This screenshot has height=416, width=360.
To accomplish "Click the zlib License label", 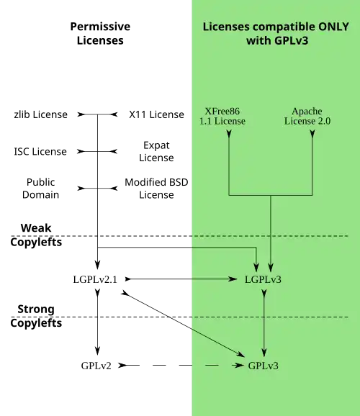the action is pos(40,114).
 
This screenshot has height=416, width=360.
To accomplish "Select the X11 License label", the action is pos(156,114).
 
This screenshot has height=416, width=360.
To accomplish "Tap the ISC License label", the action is pos(40,151).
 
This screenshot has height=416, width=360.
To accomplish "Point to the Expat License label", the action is pos(156,151).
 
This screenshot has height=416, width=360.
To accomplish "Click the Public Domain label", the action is pos(40,189).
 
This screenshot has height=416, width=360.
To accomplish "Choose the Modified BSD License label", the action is pos(156,189).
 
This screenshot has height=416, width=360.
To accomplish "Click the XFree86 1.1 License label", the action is pos(222,116).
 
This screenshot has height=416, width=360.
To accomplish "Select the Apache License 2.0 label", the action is pos(307,116).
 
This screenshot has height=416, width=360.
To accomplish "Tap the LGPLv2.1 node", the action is pos(95,279).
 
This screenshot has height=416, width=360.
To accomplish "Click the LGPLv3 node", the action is pos(263,279).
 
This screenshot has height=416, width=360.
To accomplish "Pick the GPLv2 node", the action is pos(96,366).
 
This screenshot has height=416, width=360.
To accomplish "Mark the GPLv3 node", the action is pos(263,366).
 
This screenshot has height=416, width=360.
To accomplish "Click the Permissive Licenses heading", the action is pos(100,33).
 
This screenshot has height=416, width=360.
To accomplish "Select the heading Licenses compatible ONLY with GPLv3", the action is pos(276,33).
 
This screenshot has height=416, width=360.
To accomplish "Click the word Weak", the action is pos(36,228).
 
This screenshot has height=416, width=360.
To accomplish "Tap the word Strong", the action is pos(36,309).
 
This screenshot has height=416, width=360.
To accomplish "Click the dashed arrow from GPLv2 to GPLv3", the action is pos(181,366).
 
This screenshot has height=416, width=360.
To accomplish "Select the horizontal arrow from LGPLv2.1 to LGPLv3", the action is pos(181,279).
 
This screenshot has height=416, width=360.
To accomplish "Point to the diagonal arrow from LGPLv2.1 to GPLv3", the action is pos(183,324).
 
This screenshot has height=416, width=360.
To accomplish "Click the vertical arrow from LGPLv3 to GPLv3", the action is pos(264,323).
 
